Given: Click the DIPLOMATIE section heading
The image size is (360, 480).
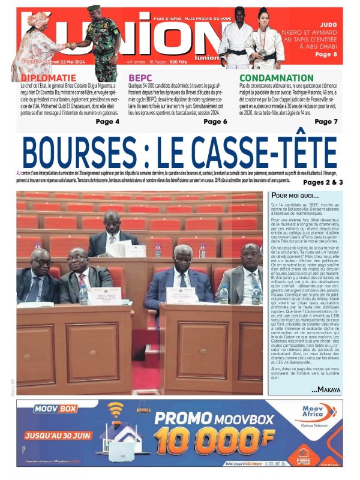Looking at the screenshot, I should (49, 78).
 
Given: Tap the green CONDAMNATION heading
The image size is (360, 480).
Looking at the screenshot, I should (277, 78).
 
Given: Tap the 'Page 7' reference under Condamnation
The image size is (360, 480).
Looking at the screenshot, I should (326, 122).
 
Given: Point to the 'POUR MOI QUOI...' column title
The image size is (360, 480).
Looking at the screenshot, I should (295, 196).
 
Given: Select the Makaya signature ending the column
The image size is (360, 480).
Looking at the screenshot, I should (325, 389).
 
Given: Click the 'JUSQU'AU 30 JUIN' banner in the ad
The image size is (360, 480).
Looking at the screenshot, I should (55, 430).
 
